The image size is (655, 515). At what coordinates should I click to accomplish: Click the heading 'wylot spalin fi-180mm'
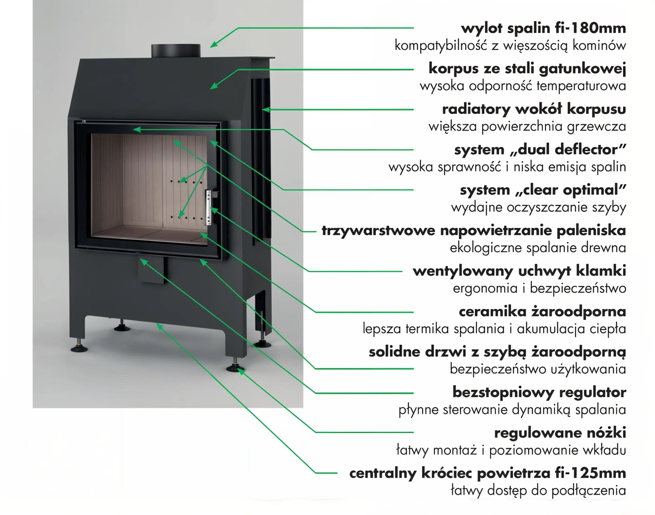pos(543,28)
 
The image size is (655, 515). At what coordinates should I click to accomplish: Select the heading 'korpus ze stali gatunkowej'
pos(527,68)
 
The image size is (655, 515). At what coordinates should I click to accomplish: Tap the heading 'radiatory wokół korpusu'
pos(534,109)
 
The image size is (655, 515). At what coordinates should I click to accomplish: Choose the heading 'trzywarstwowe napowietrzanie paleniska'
pos(474,230)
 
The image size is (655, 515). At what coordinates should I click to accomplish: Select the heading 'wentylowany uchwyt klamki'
pos(519,271)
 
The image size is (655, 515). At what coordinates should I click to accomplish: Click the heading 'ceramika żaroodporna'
pos(542,312)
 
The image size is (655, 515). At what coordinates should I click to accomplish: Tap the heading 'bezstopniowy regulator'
pos(539,392)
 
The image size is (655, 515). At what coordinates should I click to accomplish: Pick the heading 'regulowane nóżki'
pos(560,433)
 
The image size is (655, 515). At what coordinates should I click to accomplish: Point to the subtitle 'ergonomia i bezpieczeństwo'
pos(539,288)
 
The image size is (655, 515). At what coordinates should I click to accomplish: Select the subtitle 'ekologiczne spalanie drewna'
pos(538,248)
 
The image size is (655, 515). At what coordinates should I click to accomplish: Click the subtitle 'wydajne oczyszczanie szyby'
pos(538,208)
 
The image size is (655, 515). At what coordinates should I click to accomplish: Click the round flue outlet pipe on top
pos(176,51)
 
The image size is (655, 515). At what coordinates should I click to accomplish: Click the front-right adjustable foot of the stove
pos(236,366)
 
